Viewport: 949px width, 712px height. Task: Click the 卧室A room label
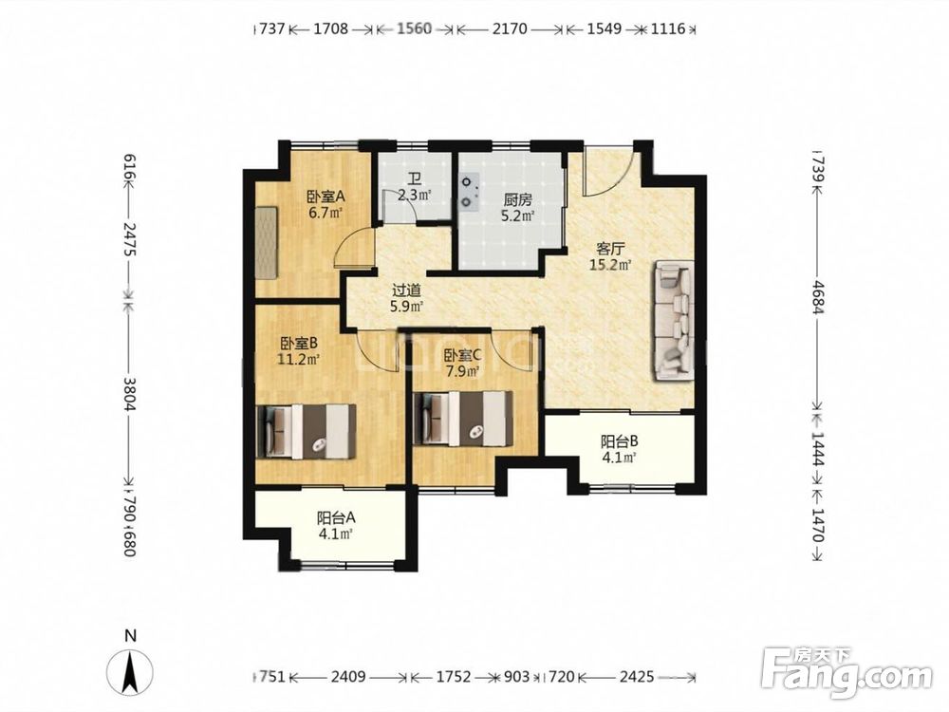[x=326, y=197]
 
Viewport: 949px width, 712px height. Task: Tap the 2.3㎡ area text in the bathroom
[x=415, y=195]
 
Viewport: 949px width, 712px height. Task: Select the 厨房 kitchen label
[x=517, y=199]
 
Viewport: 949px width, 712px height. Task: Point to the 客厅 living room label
[x=610, y=249]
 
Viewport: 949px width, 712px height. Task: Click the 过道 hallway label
[x=405, y=291]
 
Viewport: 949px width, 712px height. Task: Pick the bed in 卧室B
[x=306, y=432]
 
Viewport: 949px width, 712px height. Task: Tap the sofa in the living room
[x=673, y=320]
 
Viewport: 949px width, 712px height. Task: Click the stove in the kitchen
[x=469, y=192]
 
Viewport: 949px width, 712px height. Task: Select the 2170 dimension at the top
[x=510, y=28]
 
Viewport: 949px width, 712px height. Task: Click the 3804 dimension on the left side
[x=129, y=394]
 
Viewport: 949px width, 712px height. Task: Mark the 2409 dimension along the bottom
[x=348, y=676]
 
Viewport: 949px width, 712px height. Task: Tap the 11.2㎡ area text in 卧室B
[x=298, y=359]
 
